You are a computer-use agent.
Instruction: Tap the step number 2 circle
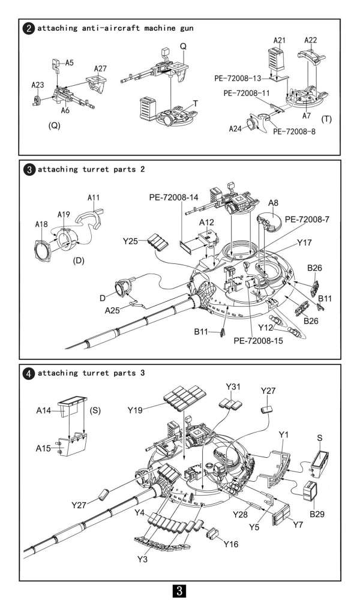pyautogui.click(x=29, y=28)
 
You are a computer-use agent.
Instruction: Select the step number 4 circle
pyautogui.click(x=29, y=373)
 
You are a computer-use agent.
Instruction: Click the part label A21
pyautogui.click(x=280, y=40)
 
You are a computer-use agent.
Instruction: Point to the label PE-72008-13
pyautogui.click(x=238, y=79)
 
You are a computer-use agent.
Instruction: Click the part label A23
pyautogui.click(x=37, y=85)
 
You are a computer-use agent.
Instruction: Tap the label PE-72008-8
pyautogui.click(x=294, y=131)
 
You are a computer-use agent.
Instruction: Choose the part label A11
pyautogui.click(x=94, y=197)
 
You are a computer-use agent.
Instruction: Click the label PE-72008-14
pyautogui.click(x=173, y=197)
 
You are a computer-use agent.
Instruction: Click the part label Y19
pyautogui.click(x=135, y=410)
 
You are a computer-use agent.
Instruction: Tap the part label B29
pyautogui.click(x=317, y=514)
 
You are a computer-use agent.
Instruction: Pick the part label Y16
pyautogui.click(x=230, y=544)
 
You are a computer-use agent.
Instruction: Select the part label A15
pyautogui.click(x=43, y=448)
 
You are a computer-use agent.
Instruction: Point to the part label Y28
pyautogui.click(x=240, y=515)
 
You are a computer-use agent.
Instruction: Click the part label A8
pyautogui.click(x=273, y=203)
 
